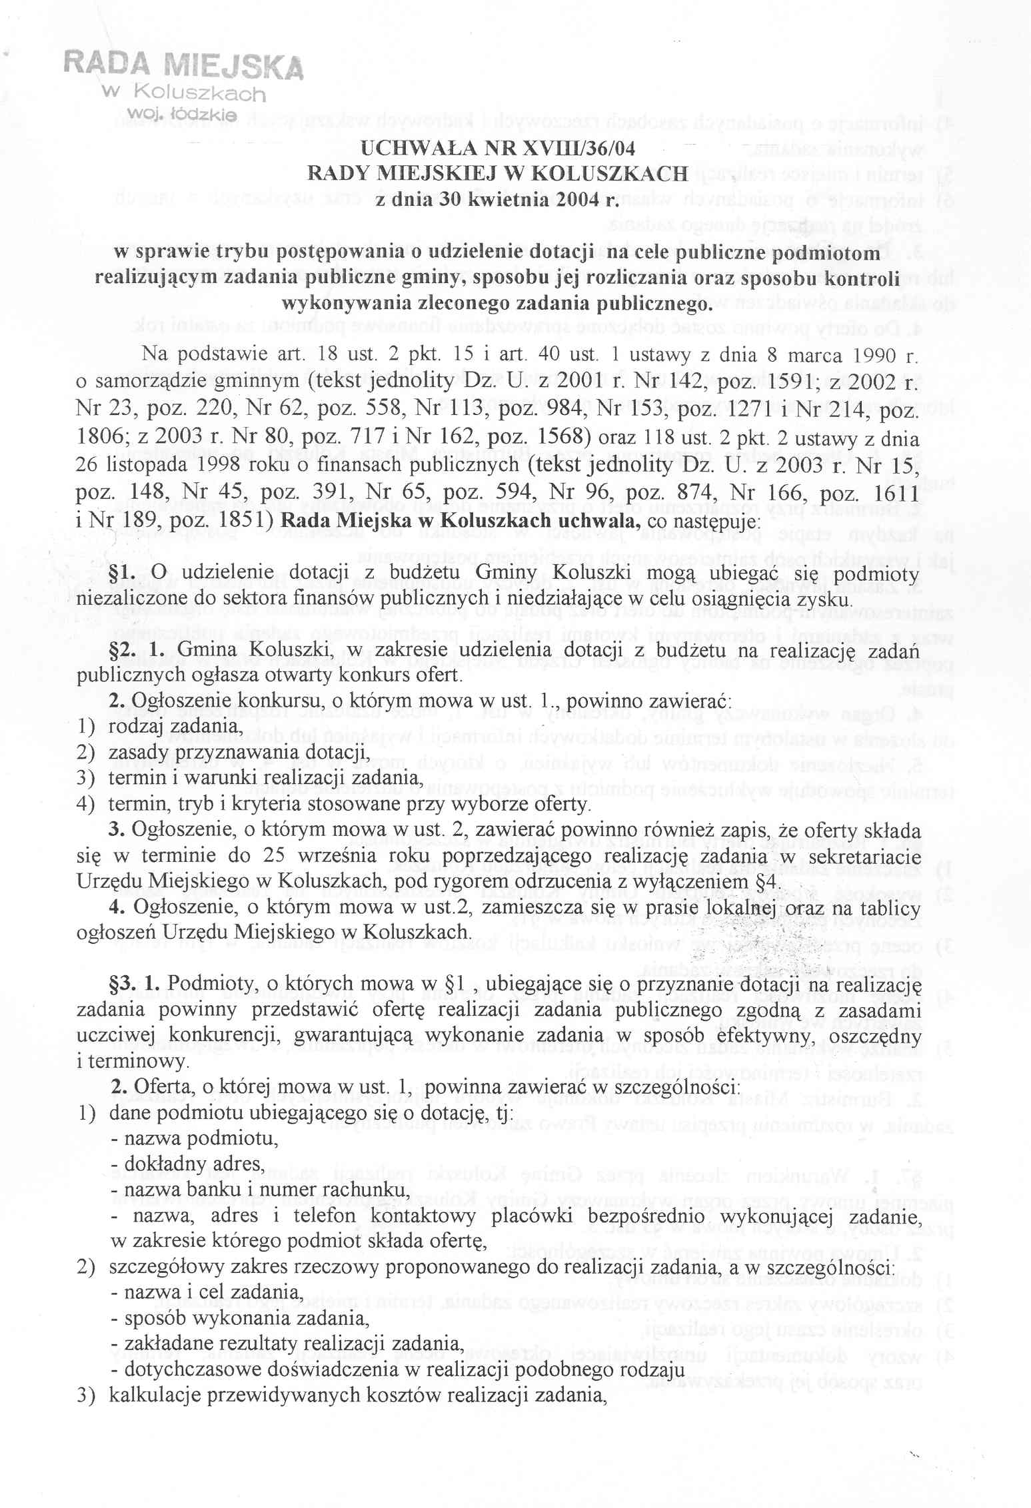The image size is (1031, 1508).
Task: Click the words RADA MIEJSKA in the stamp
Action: (183, 67)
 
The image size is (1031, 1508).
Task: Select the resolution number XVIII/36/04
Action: (570, 149)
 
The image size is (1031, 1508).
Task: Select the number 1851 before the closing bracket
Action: (240, 520)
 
